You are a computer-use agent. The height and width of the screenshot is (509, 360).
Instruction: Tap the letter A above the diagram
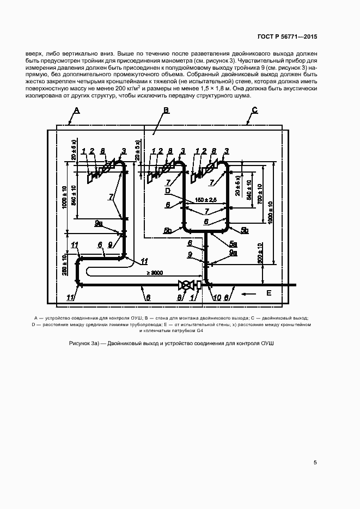coord(77,110)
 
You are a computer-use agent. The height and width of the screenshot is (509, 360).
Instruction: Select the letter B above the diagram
coord(167,110)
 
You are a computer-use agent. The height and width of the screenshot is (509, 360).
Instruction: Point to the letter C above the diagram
coord(254,110)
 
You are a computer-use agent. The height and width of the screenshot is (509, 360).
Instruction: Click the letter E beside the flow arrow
coord(268,293)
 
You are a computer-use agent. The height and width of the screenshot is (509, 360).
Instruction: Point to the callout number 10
coord(217,297)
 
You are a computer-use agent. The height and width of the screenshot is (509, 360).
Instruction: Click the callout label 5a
coord(233,243)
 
